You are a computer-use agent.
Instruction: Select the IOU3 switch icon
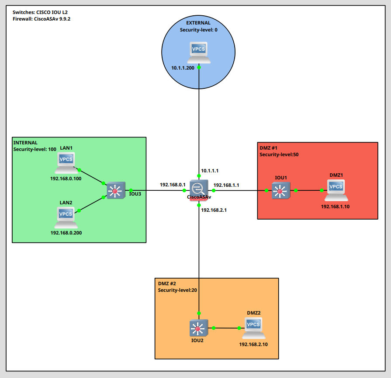click(116, 190)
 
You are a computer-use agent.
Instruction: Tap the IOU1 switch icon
click(280, 190)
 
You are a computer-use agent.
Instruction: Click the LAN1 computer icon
click(66, 162)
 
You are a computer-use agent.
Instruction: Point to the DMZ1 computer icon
click(336, 190)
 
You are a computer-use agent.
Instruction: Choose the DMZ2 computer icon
click(254, 328)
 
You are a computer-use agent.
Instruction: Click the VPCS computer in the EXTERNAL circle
click(199, 52)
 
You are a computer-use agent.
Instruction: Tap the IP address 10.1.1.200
click(183, 68)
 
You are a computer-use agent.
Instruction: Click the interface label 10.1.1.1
click(210, 171)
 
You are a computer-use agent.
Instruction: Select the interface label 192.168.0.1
click(173, 185)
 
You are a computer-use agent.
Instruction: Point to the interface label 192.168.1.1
click(226, 185)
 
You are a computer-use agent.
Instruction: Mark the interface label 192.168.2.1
click(214, 210)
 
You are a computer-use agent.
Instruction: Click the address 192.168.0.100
click(66, 178)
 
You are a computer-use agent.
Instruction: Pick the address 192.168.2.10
click(253, 344)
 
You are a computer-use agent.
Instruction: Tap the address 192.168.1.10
click(336, 206)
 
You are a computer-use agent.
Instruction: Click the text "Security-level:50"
click(279, 154)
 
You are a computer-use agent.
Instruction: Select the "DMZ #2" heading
click(167, 283)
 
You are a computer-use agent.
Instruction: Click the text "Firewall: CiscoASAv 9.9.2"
click(42, 19)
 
